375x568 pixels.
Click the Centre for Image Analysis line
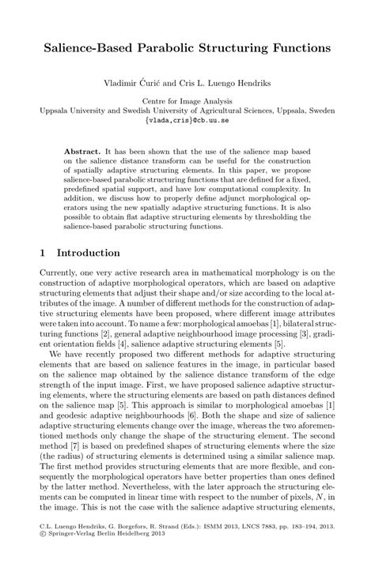tap(187, 102)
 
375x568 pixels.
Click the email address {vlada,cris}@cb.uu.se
tap(187, 121)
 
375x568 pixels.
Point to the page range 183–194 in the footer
tap(305, 546)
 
